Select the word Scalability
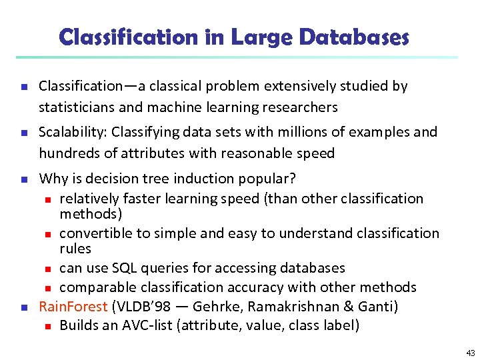69,132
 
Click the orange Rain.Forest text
73,307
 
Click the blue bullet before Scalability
23,132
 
